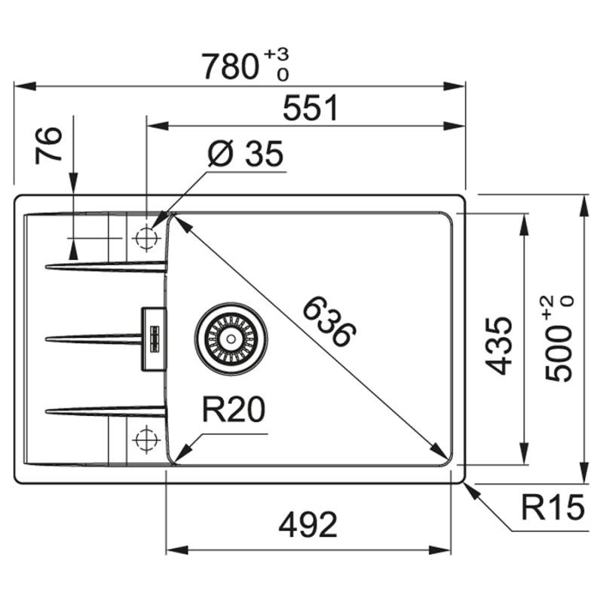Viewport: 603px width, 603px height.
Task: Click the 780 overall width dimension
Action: click(x=231, y=67)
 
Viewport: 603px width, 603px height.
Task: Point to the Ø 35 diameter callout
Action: click(x=245, y=155)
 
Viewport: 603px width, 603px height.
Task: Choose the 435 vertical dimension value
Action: click(x=498, y=346)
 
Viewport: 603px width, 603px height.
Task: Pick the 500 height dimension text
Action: click(x=559, y=359)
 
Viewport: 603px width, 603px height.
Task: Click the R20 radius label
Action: click(x=234, y=412)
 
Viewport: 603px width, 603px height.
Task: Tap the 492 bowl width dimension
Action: click(x=308, y=525)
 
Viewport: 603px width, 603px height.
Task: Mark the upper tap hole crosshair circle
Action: click(x=144, y=238)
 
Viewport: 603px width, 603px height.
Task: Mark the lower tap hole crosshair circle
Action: click(x=144, y=439)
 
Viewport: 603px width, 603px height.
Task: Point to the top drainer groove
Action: click(x=106, y=265)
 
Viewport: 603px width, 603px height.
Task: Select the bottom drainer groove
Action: click(x=106, y=410)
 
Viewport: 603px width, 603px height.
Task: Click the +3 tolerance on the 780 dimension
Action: click(x=277, y=56)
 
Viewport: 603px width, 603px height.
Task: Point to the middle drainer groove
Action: click(x=94, y=338)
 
